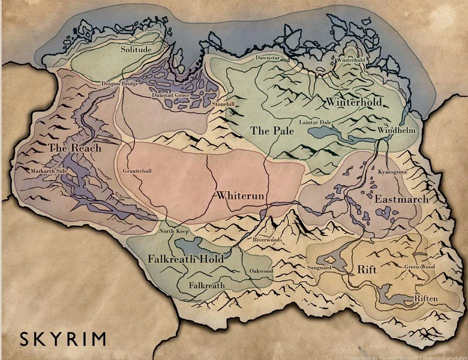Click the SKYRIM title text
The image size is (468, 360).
point(63,338)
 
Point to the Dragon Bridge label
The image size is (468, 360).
point(120,84)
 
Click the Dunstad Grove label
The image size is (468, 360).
point(170,95)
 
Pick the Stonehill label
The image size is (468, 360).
point(223,104)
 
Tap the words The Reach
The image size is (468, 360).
point(75,148)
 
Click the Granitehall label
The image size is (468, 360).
point(137,171)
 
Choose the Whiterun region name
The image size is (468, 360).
point(240,196)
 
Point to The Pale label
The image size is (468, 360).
point(272,131)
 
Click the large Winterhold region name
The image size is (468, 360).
point(354,102)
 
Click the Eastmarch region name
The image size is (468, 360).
point(401,199)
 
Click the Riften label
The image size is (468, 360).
point(426,298)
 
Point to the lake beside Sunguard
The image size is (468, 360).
point(329,260)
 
